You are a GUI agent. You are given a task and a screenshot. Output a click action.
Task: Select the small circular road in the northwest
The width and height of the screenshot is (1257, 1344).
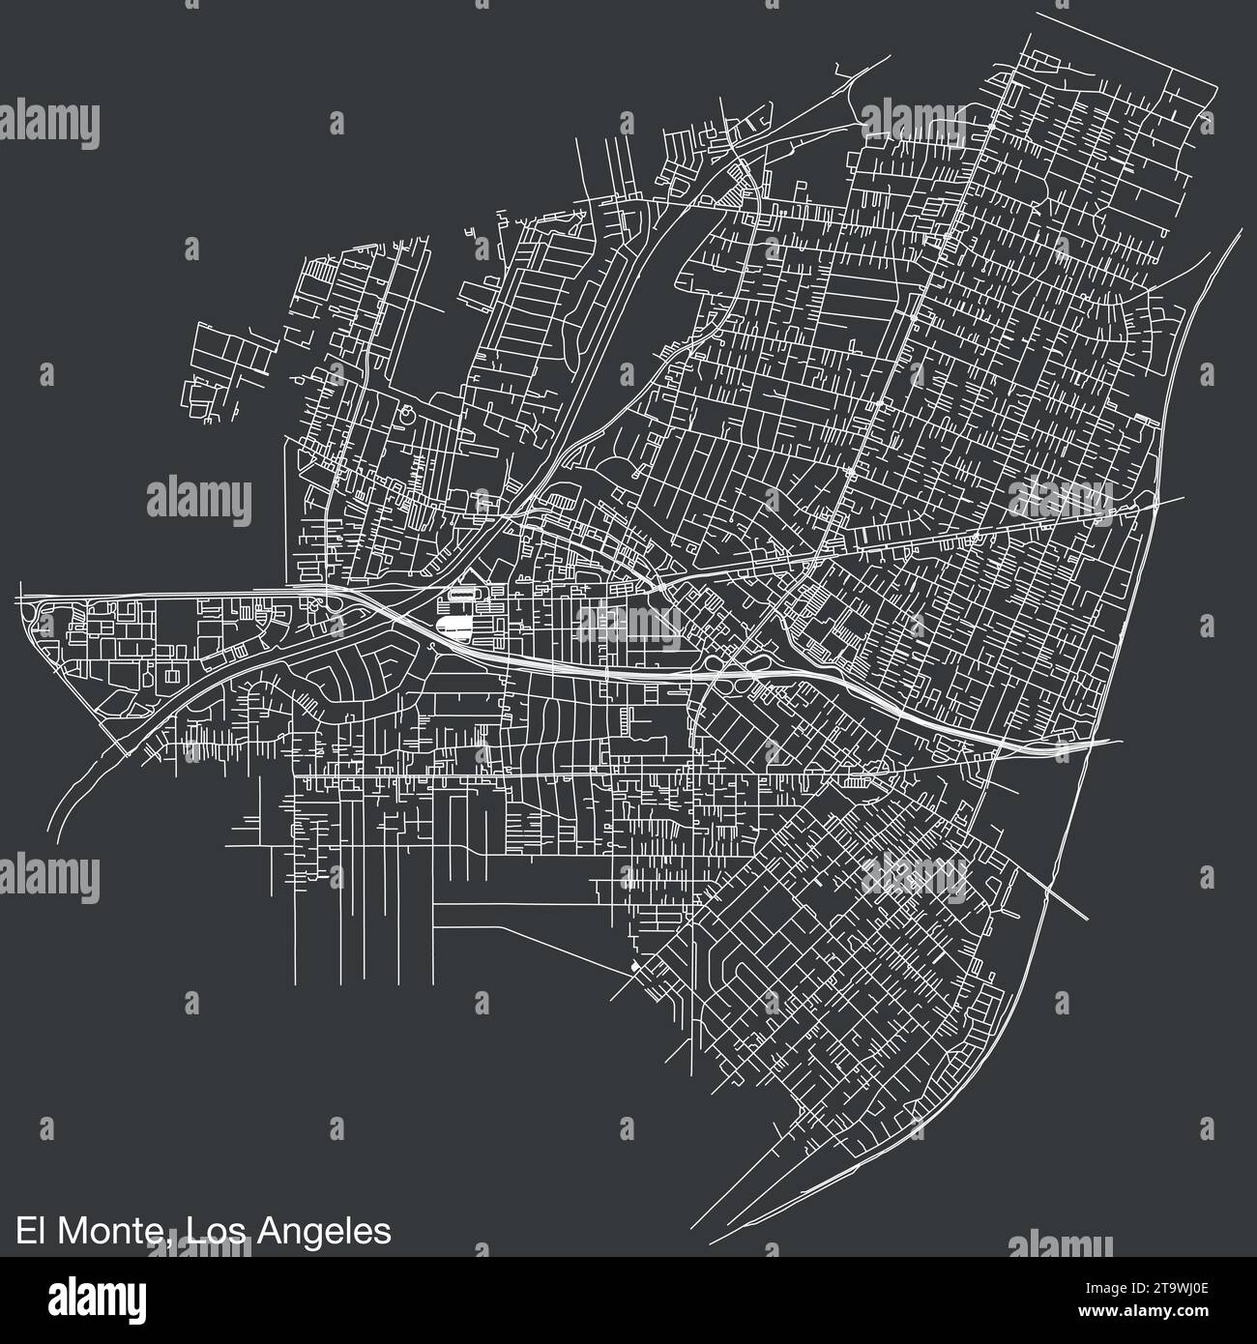click(406, 415)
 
